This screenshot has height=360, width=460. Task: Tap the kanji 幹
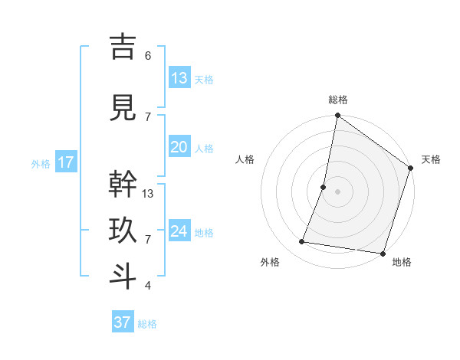click(x=123, y=185)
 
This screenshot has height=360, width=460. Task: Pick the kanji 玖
click(x=123, y=230)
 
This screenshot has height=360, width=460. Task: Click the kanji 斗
click(x=123, y=276)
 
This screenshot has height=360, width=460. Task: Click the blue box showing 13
click(x=179, y=77)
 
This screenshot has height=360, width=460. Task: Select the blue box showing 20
click(x=179, y=147)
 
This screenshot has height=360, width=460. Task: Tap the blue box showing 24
click(x=179, y=231)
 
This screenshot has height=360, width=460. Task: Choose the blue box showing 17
click(x=65, y=162)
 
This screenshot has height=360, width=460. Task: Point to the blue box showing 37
click(x=123, y=322)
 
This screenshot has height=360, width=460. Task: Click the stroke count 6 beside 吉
click(x=148, y=55)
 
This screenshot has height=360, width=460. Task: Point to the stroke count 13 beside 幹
click(x=149, y=193)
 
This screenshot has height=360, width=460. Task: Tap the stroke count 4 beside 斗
click(x=148, y=286)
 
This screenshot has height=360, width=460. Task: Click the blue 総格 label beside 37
click(x=147, y=324)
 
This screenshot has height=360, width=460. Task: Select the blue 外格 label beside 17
click(x=41, y=164)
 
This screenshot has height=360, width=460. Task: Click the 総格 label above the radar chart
click(x=337, y=100)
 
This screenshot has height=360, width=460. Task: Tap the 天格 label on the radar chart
click(x=431, y=159)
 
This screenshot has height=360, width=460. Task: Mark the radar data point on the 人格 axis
click(x=324, y=187)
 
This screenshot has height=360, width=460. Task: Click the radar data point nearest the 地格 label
click(x=383, y=253)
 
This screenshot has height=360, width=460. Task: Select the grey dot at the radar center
click(x=337, y=191)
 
